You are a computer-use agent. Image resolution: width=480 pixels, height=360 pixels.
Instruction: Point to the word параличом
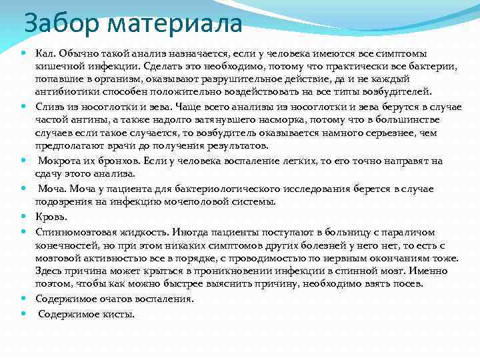[x=409, y=232]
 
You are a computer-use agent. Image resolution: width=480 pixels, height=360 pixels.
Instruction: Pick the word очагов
[x=115, y=299]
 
